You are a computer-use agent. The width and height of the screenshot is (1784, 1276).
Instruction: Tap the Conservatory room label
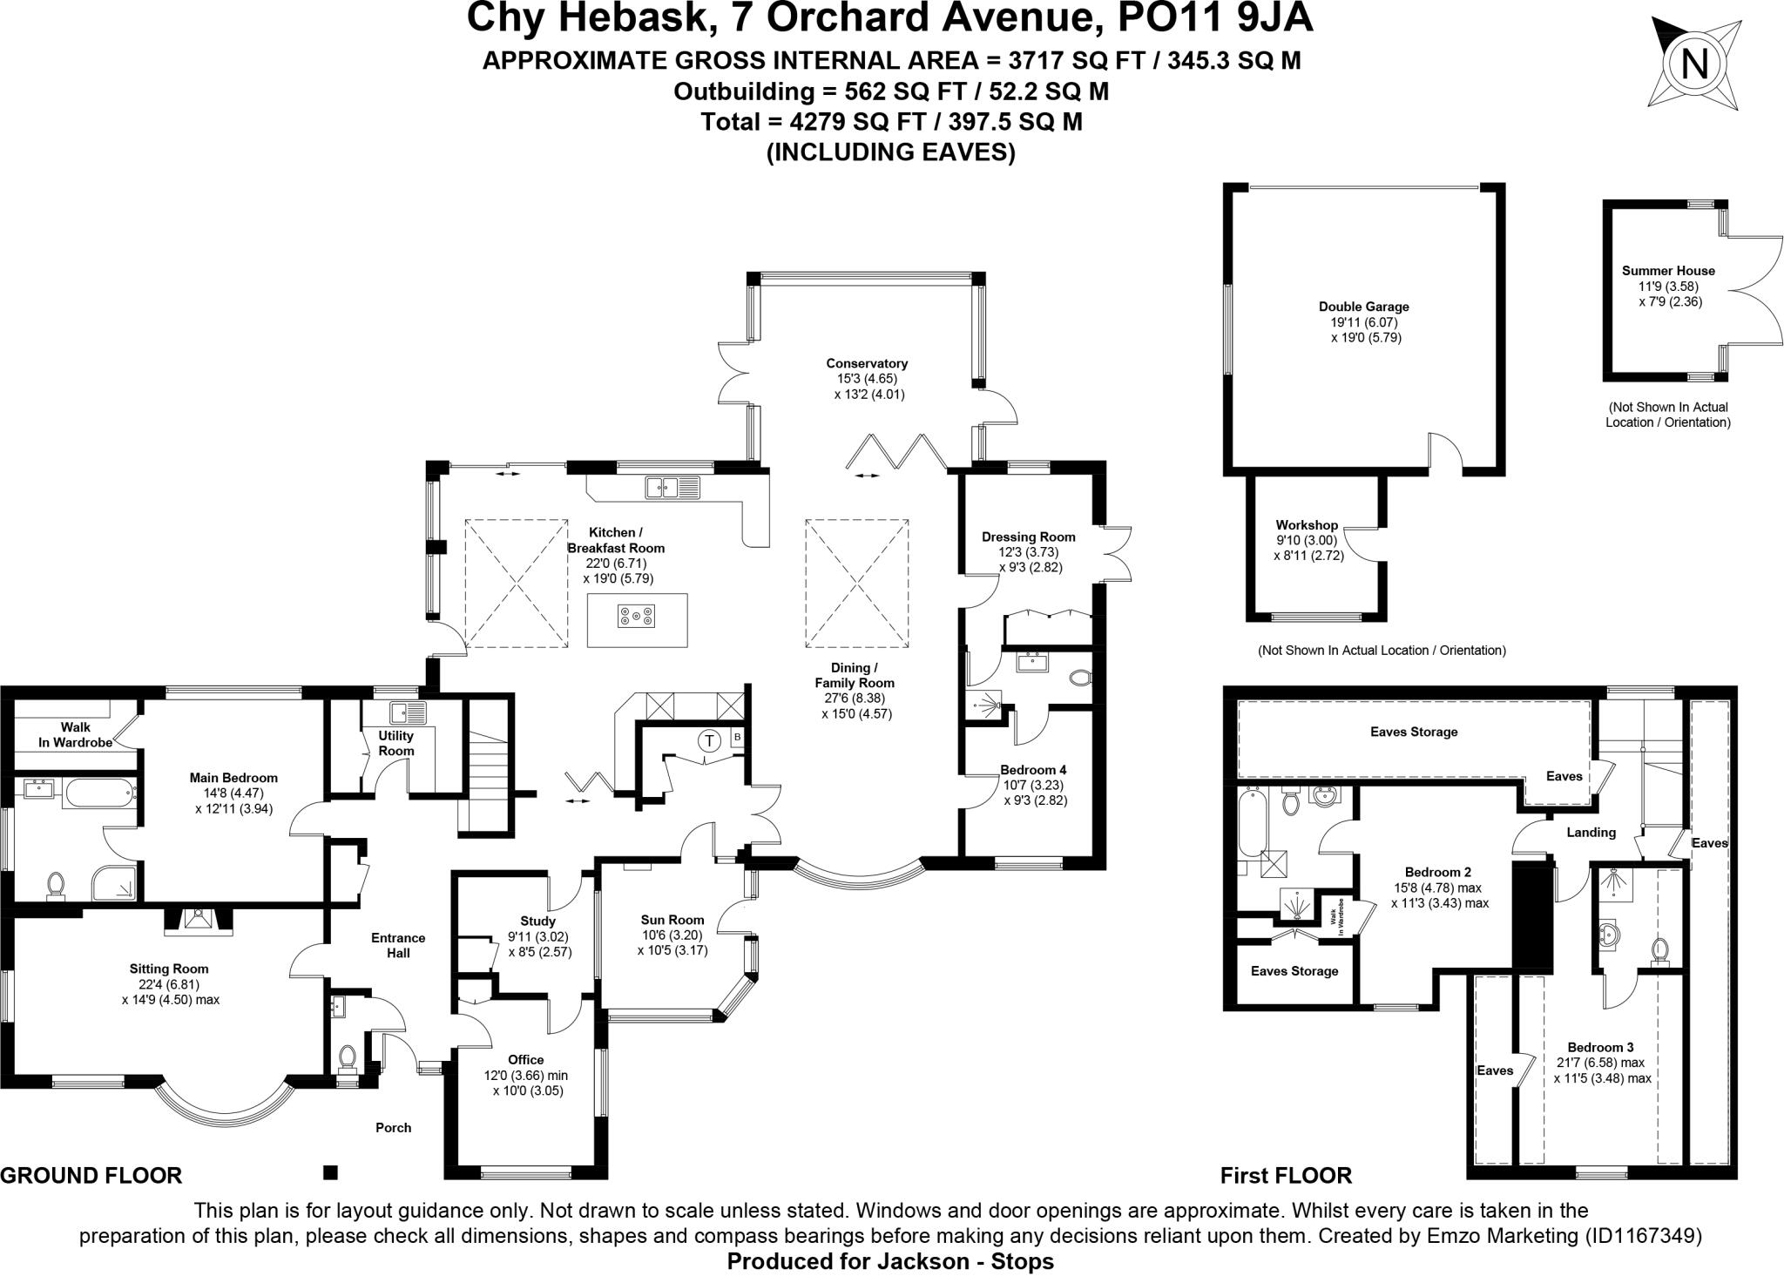pyautogui.click(x=867, y=363)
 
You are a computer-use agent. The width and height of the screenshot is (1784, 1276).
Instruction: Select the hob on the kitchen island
pyautogui.click(x=637, y=618)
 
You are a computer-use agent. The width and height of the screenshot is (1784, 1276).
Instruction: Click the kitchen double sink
pyautogui.click(x=672, y=488)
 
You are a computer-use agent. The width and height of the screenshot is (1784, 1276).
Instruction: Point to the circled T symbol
pyautogui.click(x=710, y=741)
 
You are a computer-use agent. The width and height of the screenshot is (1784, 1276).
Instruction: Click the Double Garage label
pyautogui.click(x=1363, y=307)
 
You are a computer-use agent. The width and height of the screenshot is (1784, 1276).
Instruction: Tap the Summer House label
pyautogui.click(x=1668, y=271)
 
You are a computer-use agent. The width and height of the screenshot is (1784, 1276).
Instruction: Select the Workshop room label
pyautogui.click(x=1306, y=525)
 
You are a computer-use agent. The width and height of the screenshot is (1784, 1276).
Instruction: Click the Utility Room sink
pyautogui.click(x=408, y=713)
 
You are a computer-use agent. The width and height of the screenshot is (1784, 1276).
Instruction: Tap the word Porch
pyautogui.click(x=393, y=1127)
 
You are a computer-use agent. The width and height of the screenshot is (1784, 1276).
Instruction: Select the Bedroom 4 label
pyautogui.click(x=1033, y=770)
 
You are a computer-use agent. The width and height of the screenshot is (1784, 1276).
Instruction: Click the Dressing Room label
pyautogui.click(x=1028, y=537)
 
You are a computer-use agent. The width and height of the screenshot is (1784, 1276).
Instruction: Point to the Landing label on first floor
pyautogui.click(x=1591, y=832)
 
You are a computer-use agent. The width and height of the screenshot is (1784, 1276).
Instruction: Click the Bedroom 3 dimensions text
pyautogui.click(x=1601, y=1070)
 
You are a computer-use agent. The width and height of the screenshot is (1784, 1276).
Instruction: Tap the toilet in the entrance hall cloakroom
pyautogui.click(x=347, y=1057)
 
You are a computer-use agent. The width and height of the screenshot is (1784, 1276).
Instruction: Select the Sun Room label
pyautogui.click(x=672, y=920)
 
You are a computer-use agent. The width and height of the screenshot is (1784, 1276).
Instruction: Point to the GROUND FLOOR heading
pyautogui.click(x=91, y=1176)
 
